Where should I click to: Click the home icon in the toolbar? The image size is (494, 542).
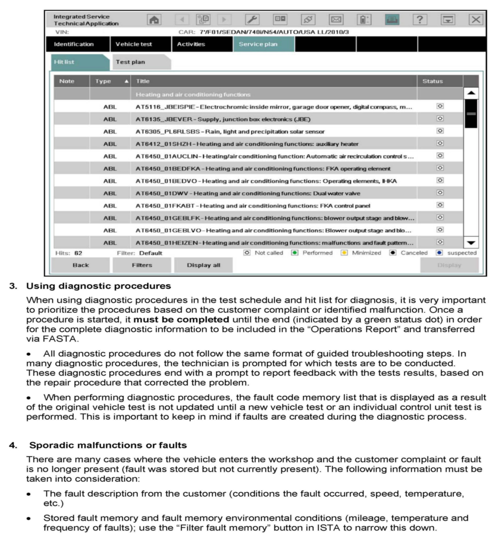tap(154, 20)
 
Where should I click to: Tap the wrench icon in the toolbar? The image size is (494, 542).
tap(252, 20)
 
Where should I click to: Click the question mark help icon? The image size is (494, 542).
tap(420, 20)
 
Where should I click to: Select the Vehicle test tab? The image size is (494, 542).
tap(134, 44)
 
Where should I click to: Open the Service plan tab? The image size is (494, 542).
tap(258, 44)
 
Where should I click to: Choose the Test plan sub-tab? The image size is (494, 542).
tap(130, 62)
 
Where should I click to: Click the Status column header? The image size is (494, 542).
tap(432, 81)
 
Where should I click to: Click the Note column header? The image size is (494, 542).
tap(67, 81)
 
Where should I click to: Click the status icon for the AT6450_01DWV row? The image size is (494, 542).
tap(440, 193)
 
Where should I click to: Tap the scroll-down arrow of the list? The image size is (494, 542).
tap(471, 243)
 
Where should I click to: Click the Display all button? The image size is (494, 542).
tap(203, 265)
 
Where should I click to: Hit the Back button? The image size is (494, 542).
tap(80, 265)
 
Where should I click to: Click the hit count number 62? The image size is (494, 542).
tap(78, 253)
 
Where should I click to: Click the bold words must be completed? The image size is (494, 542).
tap(181, 320)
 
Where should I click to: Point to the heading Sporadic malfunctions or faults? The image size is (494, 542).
tap(108, 445)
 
